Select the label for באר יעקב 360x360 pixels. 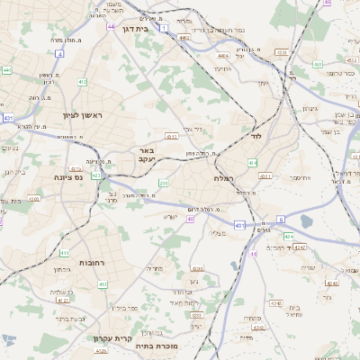[x=147, y=155]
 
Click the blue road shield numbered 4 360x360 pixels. [x=60, y=53]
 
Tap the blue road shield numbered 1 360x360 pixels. [x=165, y=28]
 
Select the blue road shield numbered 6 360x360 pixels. [x=280, y=219]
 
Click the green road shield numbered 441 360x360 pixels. [x=6, y=69]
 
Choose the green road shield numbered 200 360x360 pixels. [x=163, y=183]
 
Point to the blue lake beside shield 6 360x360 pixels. [x=306, y=220]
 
